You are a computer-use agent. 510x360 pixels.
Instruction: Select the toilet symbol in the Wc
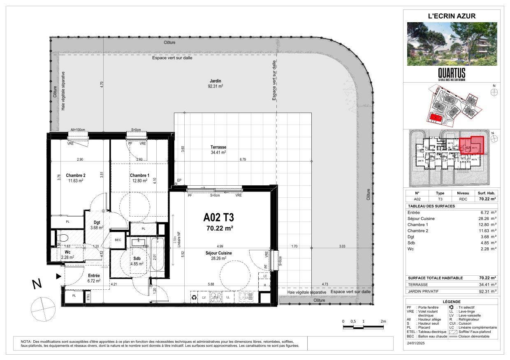pyautogui.click(x=63, y=238)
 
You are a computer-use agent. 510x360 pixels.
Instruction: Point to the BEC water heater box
pyautogui.click(x=118, y=240)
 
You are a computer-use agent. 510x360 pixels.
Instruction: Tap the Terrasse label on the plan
pyautogui.click(x=218, y=147)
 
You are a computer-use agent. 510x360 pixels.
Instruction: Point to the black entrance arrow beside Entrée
pyautogui.click(x=59, y=276)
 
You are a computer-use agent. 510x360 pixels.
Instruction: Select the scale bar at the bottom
pyautogui.click(x=364, y=327)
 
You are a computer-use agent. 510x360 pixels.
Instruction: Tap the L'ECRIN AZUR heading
pyautogui.click(x=452, y=16)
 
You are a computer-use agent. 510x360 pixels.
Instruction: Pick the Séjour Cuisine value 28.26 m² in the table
pyautogui.click(x=488, y=219)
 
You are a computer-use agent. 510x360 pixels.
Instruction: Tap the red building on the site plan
pyautogui.click(x=436, y=118)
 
